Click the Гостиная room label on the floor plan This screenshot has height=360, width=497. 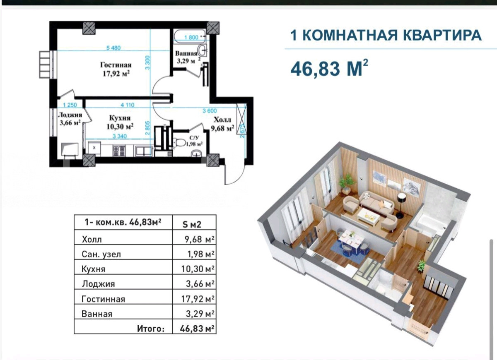point(116,65)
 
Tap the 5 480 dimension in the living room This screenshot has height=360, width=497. point(113,48)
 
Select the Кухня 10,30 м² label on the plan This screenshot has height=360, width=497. point(120,122)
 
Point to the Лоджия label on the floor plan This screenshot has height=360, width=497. point(70,115)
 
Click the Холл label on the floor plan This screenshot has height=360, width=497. point(222,120)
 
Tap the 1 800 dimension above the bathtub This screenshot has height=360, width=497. point(191,37)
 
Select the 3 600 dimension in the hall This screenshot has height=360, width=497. point(210,111)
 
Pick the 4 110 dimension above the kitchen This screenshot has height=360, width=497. point(128,105)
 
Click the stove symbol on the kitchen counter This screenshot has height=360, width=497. point(119,151)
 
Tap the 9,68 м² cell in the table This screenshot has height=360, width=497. point(200,239)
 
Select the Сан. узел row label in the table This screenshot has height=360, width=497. point(101,254)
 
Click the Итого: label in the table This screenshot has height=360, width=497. point(151,329)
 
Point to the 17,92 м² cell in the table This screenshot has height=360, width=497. point(198,299)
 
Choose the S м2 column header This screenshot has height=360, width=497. point(192,225)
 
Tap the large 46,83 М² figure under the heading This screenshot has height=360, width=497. point(329,68)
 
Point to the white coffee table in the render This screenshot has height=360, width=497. point(368,216)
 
